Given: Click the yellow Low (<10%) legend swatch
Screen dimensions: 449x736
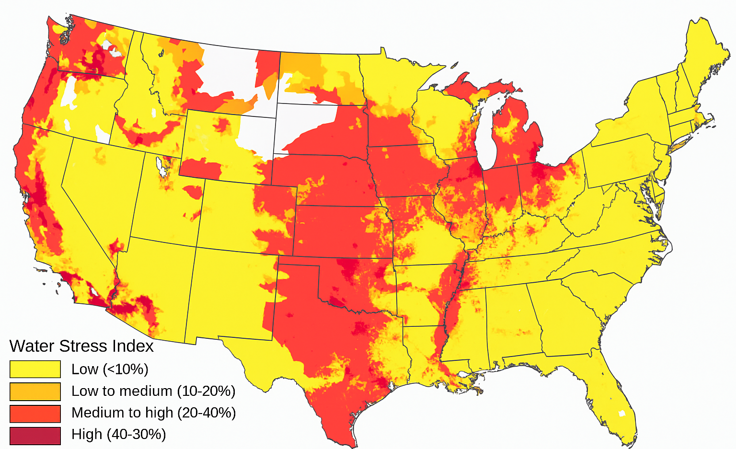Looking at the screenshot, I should tap(35, 369).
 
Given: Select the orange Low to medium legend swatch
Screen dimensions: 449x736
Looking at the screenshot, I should tap(35, 391).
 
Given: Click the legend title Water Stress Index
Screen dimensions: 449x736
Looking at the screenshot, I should tap(81, 346).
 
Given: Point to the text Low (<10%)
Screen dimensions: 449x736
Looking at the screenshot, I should tap(110, 369).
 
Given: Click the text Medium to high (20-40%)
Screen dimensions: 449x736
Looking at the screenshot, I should tap(153, 413).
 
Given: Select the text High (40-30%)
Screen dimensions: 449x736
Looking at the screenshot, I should tap(118, 435).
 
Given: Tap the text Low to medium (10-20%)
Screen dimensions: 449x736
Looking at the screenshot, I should tap(153, 391).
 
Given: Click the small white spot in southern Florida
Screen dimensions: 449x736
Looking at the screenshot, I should tap(622, 414).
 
